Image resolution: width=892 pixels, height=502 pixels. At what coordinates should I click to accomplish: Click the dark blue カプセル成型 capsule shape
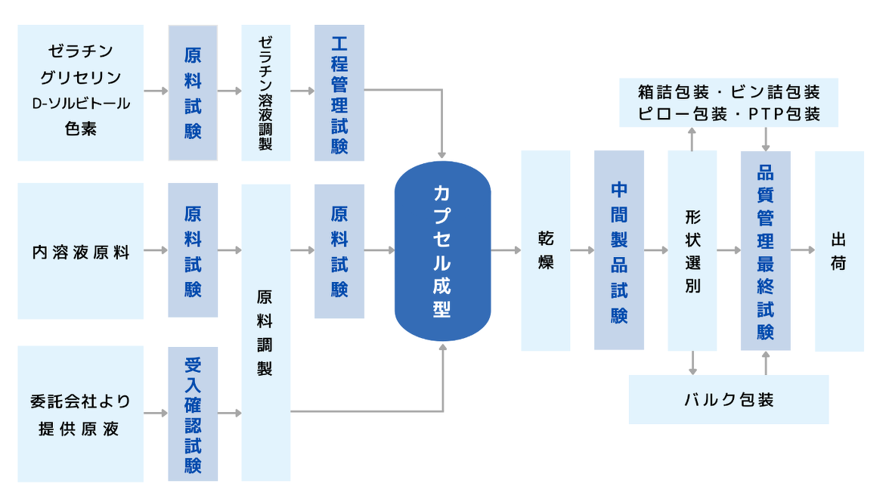click(442, 251)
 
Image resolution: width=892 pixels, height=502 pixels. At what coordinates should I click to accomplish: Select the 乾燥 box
click(545, 250)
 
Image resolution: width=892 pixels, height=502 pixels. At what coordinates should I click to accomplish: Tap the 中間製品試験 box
click(619, 250)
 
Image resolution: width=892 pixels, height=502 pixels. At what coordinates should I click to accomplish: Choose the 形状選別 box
click(692, 250)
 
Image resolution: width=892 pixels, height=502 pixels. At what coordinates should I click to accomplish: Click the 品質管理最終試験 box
click(765, 250)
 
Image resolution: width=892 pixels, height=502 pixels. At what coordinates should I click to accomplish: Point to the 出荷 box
click(839, 250)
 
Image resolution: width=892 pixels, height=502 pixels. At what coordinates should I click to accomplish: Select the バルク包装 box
click(729, 399)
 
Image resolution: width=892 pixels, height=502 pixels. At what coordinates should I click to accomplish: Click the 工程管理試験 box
click(339, 92)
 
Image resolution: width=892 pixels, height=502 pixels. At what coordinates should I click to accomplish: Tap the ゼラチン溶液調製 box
click(265, 92)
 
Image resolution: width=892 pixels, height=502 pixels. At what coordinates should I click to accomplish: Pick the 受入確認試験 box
click(193, 414)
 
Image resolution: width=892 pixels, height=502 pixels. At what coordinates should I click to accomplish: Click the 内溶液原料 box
click(81, 251)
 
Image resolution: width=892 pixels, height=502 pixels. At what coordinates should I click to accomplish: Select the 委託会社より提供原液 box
click(81, 414)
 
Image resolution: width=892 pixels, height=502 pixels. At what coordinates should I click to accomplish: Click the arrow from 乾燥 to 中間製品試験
click(582, 249)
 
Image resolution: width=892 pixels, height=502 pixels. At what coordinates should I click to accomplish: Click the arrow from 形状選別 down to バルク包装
click(692, 363)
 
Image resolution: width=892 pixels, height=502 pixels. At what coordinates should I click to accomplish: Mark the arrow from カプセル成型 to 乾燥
click(506, 249)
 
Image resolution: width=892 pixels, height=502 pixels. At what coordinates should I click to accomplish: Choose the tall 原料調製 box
click(265, 333)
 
